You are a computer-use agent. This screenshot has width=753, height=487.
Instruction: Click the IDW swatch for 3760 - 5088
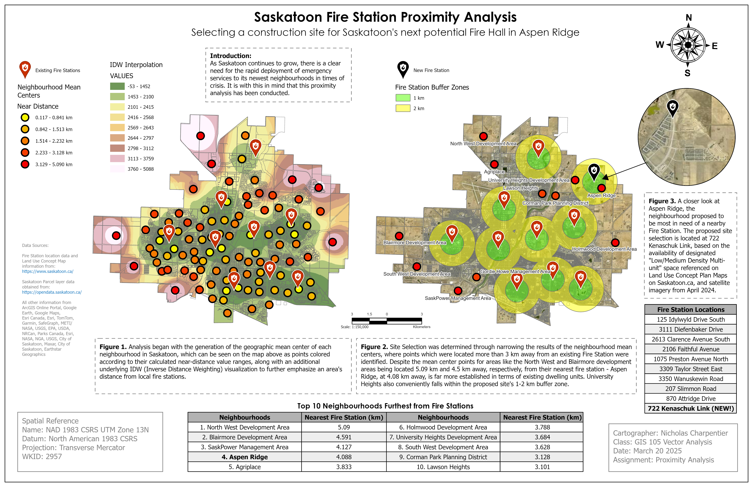click(117, 169)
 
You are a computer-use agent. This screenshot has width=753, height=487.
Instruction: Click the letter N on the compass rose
click(688, 18)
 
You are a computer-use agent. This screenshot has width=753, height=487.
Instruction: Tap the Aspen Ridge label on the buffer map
click(601, 195)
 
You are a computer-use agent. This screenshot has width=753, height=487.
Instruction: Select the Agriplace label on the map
click(494, 172)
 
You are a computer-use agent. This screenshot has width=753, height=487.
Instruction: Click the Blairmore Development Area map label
click(414, 243)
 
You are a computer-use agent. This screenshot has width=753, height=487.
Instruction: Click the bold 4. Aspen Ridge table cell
click(245, 457)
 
